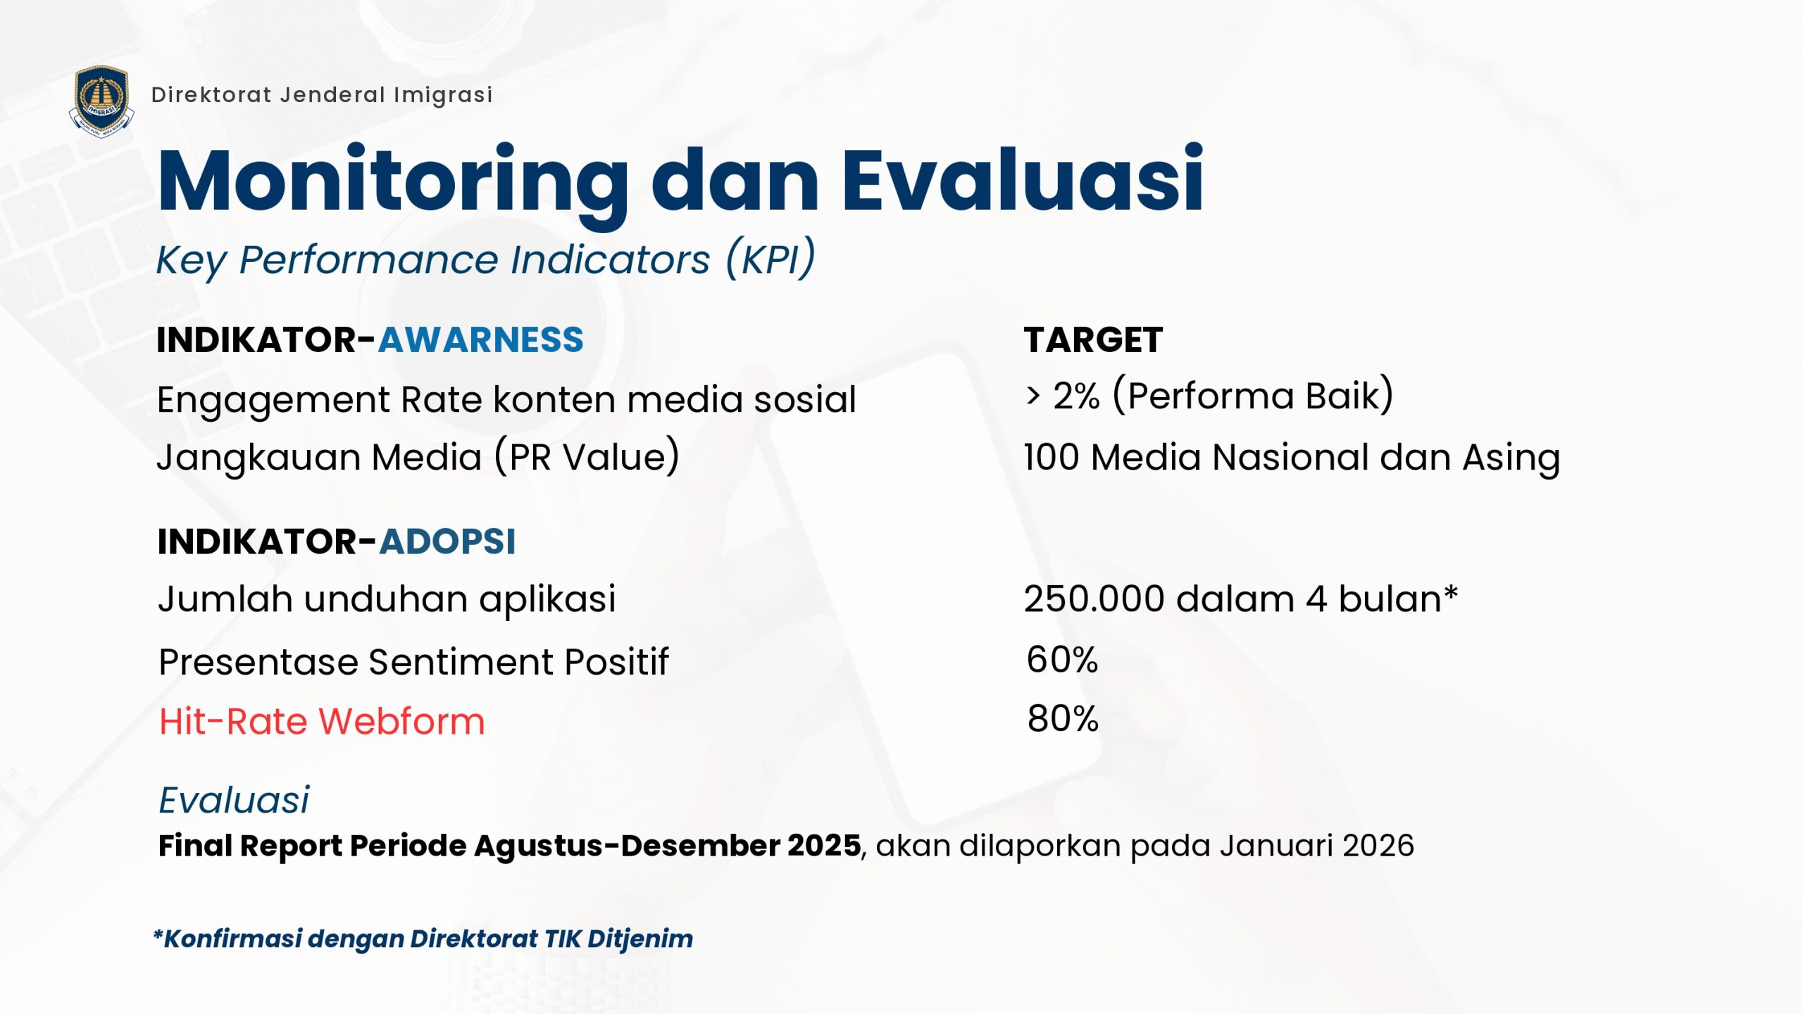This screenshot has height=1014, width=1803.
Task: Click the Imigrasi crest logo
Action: tap(102, 101)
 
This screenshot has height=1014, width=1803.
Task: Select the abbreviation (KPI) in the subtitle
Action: tap(771, 258)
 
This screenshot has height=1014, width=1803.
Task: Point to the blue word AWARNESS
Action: tap(481, 339)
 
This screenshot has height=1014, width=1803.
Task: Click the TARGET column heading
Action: tap(1093, 339)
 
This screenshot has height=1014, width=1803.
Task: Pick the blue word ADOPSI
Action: tap(448, 542)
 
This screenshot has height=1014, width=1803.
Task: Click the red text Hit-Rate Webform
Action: tap(322, 721)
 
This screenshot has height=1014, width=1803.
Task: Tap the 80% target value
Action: tap(1063, 718)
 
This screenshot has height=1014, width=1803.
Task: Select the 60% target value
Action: tap(1062, 659)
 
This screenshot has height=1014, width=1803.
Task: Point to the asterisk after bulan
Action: tap(1451, 593)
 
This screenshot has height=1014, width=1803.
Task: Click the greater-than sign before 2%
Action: tap(1033, 396)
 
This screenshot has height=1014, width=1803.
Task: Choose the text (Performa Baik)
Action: tap(1253, 396)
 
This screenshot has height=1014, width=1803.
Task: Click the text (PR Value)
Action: tap(587, 456)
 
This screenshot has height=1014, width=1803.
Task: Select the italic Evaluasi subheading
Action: tap(234, 799)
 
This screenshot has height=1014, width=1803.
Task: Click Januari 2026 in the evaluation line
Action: tap(1316, 845)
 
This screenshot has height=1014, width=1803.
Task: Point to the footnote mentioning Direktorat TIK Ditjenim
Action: tap(423, 939)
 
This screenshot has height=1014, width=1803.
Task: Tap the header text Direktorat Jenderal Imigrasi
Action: tap(322, 95)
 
